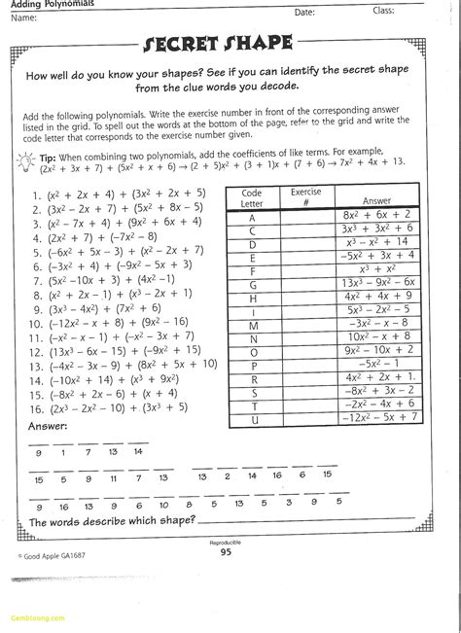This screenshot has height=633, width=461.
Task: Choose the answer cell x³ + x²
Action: (375, 267)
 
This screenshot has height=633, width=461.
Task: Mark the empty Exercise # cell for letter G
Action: (305, 285)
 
